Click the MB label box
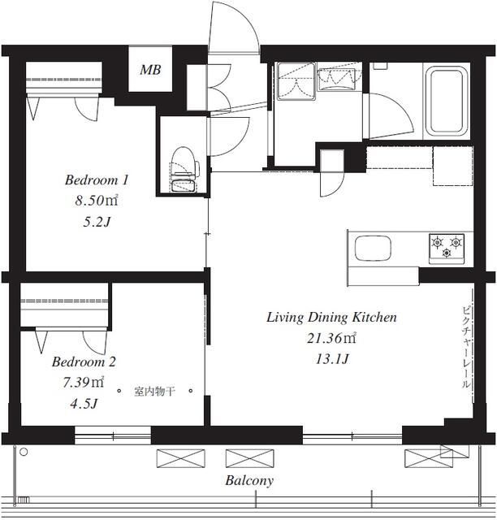coord(150,69)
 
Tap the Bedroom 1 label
coord(97,180)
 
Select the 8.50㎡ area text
coord(97,201)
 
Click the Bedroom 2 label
coord(84,362)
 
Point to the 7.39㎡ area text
coord(84,383)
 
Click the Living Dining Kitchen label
coord(331,318)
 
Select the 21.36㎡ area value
coord(331,338)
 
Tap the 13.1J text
coord(332,359)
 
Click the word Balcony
coord(249,480)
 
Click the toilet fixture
coord(184,169)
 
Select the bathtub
coord(446,101)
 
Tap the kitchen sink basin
coord(373,249)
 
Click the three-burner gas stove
coord(447,249)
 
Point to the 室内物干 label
coord(154,392)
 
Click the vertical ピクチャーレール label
coord(466,348)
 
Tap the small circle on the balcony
coord(24,452)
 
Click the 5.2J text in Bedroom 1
coord(97,222)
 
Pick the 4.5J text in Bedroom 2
coord(84,404)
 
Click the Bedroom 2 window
coord(113,435)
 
